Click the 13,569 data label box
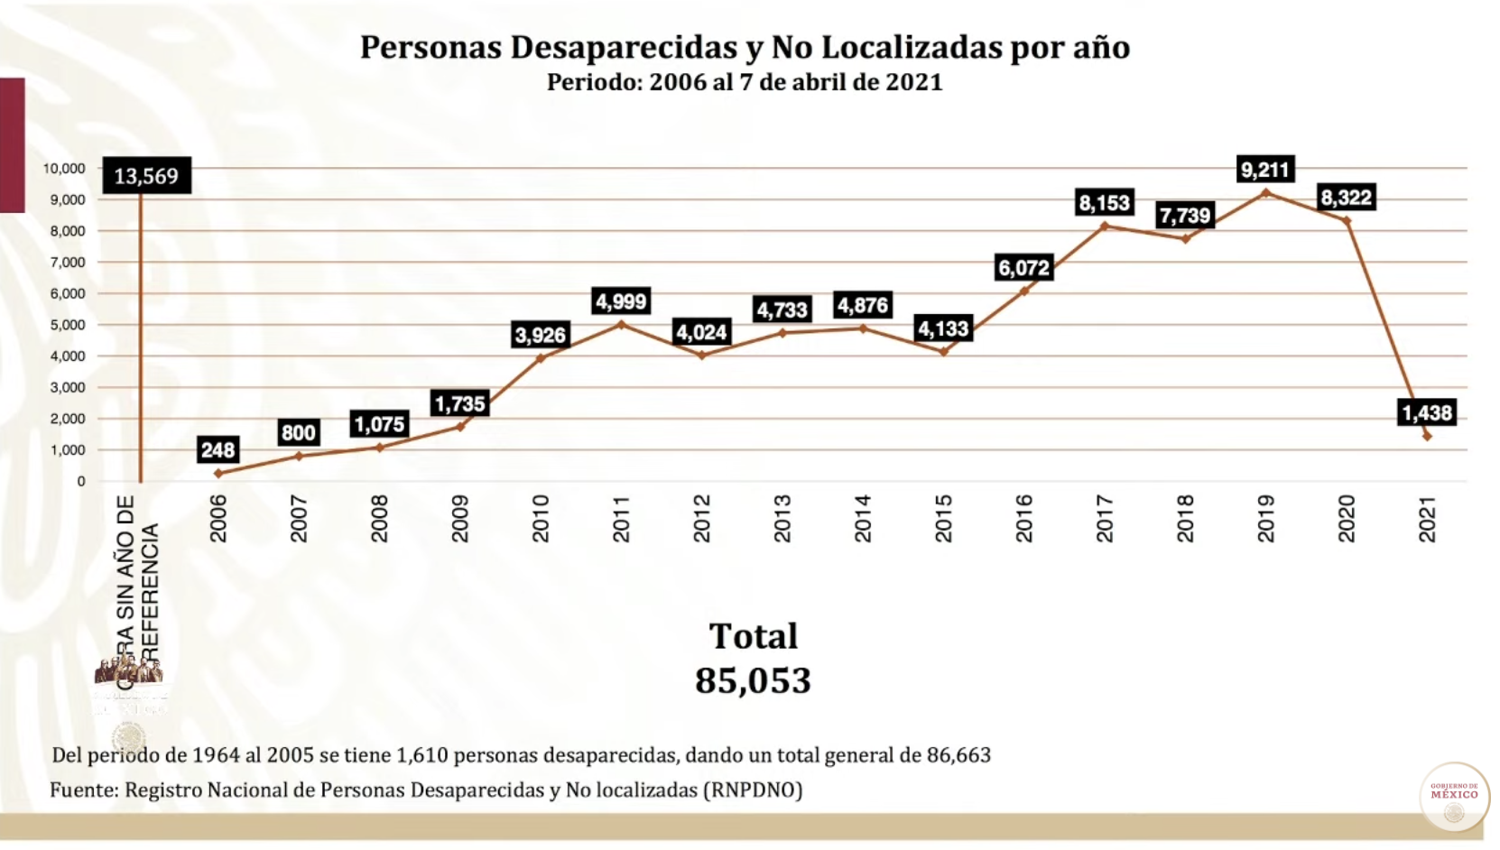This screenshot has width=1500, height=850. (x=146, y=175)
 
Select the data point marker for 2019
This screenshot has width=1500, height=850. (x=1265, y=192)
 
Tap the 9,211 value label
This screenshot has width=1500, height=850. (x=1265, y=169)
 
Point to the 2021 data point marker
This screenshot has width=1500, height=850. (x=1427, y=436)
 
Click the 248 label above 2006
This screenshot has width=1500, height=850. (x=218, y=449)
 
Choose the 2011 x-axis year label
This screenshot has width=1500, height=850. (x=621, y=518)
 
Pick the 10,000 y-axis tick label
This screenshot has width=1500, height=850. (x=64, y=169)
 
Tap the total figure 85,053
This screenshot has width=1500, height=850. (x=753, y=680)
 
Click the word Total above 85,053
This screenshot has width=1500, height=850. (x=753, y=636)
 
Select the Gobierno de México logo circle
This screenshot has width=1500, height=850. (x=1454, y=797)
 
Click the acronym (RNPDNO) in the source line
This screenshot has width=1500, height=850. (x=754, y=790)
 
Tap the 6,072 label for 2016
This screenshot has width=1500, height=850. (x=1023, y=268)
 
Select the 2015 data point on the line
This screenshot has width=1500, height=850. (x=943, y=352)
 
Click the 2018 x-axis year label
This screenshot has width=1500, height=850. (x=1185, y=518)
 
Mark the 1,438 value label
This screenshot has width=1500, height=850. (x=1426, y=413)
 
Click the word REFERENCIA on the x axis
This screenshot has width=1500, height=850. (x=151, y=587)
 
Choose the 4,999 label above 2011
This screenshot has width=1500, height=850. (x=621, y=301)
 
